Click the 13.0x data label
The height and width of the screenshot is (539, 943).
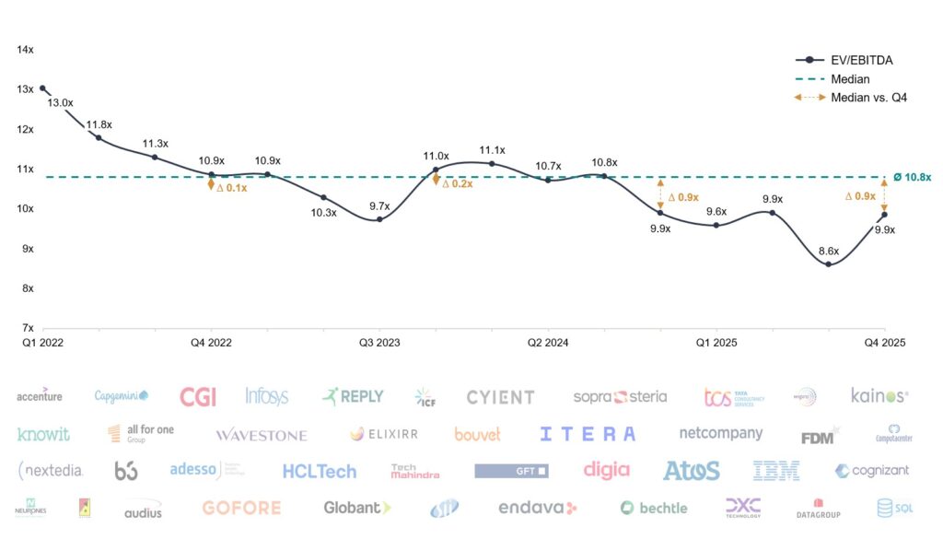pyautogui.click(x=61, y=103)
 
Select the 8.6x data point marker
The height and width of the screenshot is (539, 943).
pyautogui.click(x=829, y=264)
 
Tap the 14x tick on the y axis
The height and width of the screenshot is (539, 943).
pyautogui.click(x=26, y=50)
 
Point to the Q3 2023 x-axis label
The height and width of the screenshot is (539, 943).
pyautogui.click(x=379, y=343)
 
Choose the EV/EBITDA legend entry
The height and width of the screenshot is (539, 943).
pyautogui.click(x=861, y=61)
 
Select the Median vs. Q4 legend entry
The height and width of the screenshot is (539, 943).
pyautogui.click(x=868, y=98)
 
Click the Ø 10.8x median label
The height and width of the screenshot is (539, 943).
pyautogui.click(x=912, y=177)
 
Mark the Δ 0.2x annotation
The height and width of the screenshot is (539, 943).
pyautogui.click(x=458, y=183)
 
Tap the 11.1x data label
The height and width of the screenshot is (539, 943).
pyautogui.click(x=492, y=150)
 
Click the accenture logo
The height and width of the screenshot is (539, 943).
pyautogui.click(x=40, y=396)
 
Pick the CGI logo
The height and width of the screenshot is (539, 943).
pyautogui.click(x=198, y=397)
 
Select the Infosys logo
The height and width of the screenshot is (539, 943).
pyautogui.click(x=267, y=396)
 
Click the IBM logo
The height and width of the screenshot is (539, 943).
pyautogui.click(x=776, y=471)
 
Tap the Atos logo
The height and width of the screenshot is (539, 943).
pyautogui.click(x=691, y=471)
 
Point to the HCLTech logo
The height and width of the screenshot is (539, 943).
pyautogui.click(x=319, y=472)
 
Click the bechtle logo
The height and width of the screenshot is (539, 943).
pyautogui.click(x=654, y=508)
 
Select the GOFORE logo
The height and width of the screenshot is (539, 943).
pyautogui.click(x=242, y=508)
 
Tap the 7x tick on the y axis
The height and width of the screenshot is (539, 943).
pyautogui.click(x=28, y=327)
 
